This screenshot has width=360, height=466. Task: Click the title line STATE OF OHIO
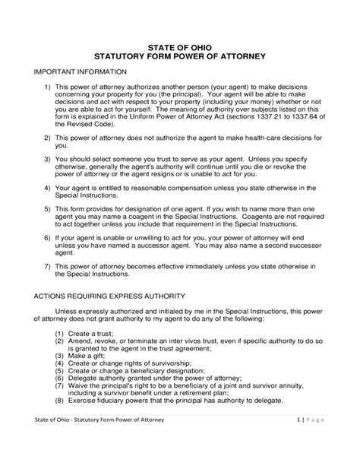[x=179, y=47]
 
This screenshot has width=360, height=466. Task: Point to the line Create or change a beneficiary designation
[x=138, y=372]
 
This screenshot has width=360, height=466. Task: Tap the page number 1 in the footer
[x=301, y=441]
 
